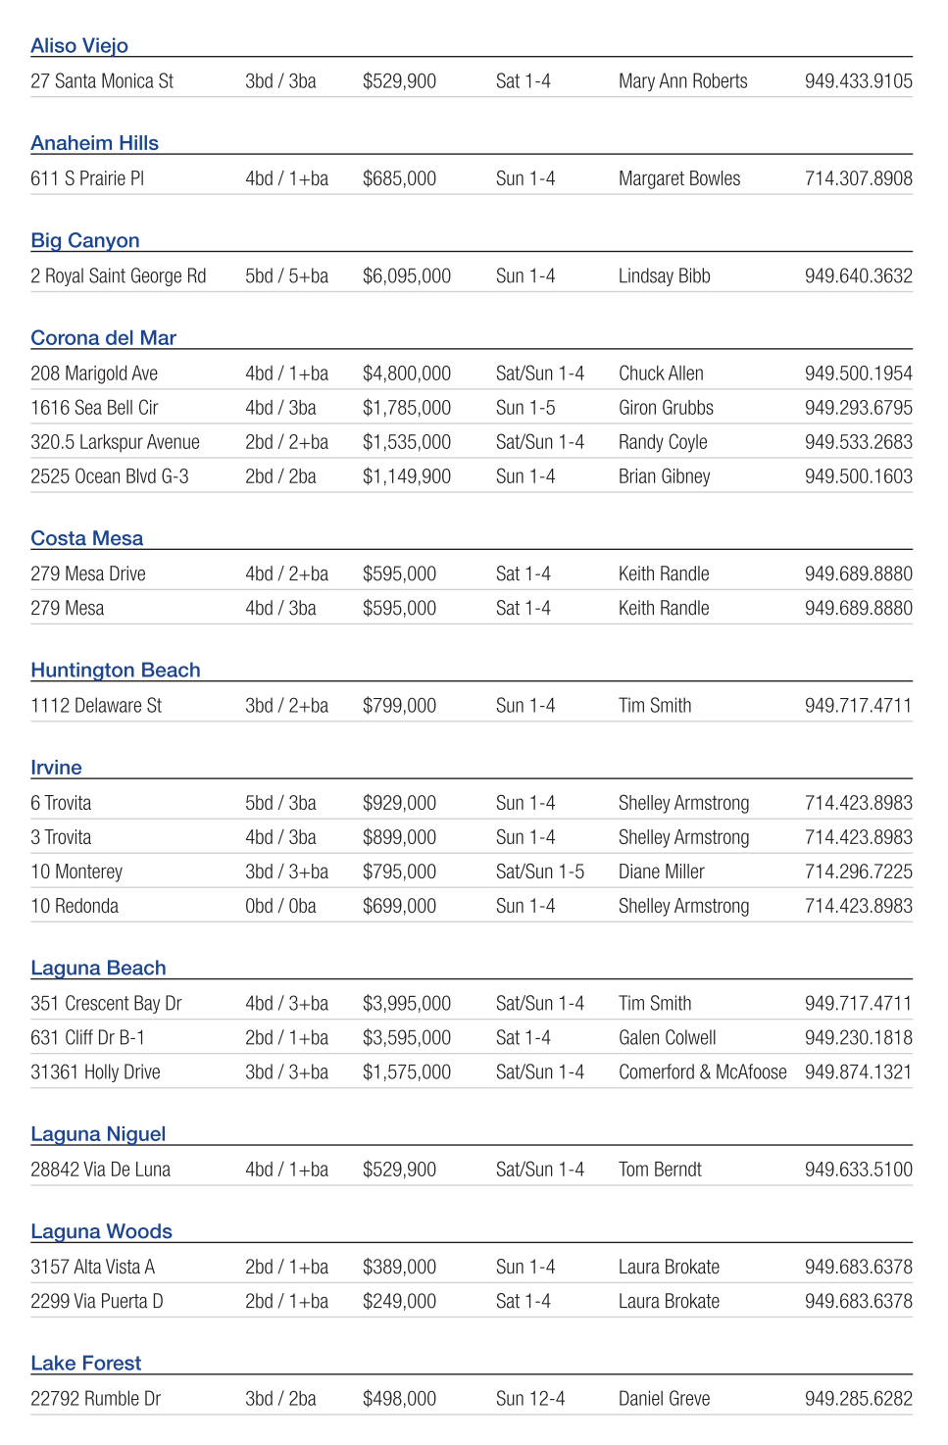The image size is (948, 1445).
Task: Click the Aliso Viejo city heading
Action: click(79, 46)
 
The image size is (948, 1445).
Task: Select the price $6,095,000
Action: click(406, 276)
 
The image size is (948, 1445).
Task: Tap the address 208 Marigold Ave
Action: click(94, 374)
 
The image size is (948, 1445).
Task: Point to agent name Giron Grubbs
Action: click(666, 408)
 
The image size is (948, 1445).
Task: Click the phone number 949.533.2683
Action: click(858, 442)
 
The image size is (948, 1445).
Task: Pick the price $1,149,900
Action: click(406, 476)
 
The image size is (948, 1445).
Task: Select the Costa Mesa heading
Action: click(86, 538)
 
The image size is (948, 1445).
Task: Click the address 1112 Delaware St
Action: click(96, 706)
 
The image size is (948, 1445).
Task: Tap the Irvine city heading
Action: click(56, 768)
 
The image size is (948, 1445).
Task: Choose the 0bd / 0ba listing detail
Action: click(280, 907)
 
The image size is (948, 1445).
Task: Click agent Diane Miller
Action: click(661, 872)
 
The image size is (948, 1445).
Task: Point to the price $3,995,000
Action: click(406, 1004)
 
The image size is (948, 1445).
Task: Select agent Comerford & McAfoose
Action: click(702, 1072)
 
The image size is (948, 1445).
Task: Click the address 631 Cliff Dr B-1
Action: click(87, 1038)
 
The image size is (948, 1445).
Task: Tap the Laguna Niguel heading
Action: click(98, 1134)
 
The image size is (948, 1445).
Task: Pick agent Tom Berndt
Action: click(660, 1170)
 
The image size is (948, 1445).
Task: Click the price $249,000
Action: click(399, 1302)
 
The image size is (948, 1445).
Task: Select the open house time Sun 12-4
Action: click(529, 1399)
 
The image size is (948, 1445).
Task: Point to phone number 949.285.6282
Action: click(858, 1399)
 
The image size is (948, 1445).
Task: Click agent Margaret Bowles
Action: click(679, 179)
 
